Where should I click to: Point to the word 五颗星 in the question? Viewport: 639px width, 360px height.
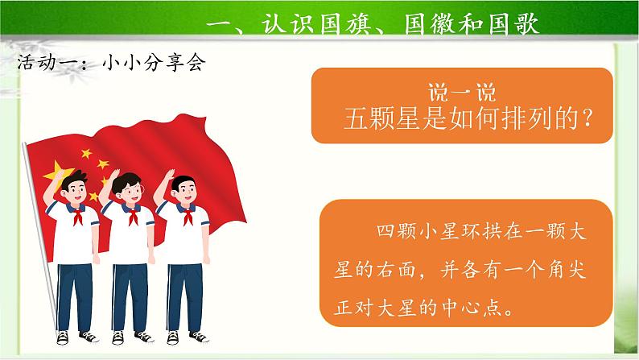(379, 118)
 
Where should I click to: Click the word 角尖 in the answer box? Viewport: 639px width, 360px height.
(575, 271)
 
